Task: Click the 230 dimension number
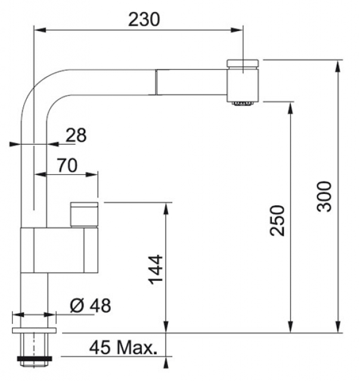[144, 19]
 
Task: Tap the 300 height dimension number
[324, 196]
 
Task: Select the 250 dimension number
[277, 220]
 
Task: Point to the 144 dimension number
[156, 270]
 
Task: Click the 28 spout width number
[76, 135]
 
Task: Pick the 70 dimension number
[67, 165]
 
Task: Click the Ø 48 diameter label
[91, 305]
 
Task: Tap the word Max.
[137, 348]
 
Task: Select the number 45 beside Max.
[100, 348]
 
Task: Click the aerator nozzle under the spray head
[243, 104]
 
